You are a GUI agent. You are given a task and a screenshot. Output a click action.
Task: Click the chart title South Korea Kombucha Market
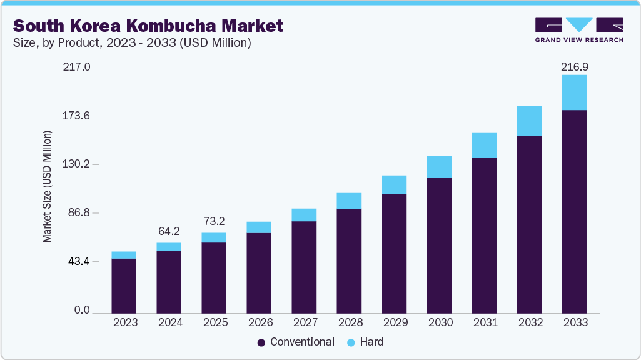(148, 26)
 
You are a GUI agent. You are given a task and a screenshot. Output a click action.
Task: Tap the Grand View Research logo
(579, 30)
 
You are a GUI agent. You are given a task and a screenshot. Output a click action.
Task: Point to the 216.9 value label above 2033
(574, 66)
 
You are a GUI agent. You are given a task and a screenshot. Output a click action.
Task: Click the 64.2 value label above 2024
(169, 231)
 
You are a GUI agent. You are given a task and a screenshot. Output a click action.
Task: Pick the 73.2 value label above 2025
(214, 222)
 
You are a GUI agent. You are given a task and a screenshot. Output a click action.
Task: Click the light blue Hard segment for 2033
(574, 92)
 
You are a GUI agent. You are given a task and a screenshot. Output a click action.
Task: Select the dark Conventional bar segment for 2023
(124, 286)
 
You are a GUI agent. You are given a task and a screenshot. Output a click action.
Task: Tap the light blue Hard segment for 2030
(439, 167)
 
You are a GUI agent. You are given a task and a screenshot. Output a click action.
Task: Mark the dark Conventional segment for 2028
(349, 261)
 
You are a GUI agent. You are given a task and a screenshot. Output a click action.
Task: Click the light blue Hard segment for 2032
(529, 121)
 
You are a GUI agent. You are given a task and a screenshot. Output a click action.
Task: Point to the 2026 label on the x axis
(259, 322)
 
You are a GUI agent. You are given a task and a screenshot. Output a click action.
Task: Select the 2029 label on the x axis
(394, 322)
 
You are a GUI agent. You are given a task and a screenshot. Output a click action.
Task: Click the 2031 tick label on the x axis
(484, 322)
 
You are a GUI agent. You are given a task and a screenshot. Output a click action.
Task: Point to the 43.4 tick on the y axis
(79, 261)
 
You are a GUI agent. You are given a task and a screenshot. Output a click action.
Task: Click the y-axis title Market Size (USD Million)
(47, 187)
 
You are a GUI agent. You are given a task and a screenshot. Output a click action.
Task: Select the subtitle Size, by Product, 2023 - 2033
(132, 42)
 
